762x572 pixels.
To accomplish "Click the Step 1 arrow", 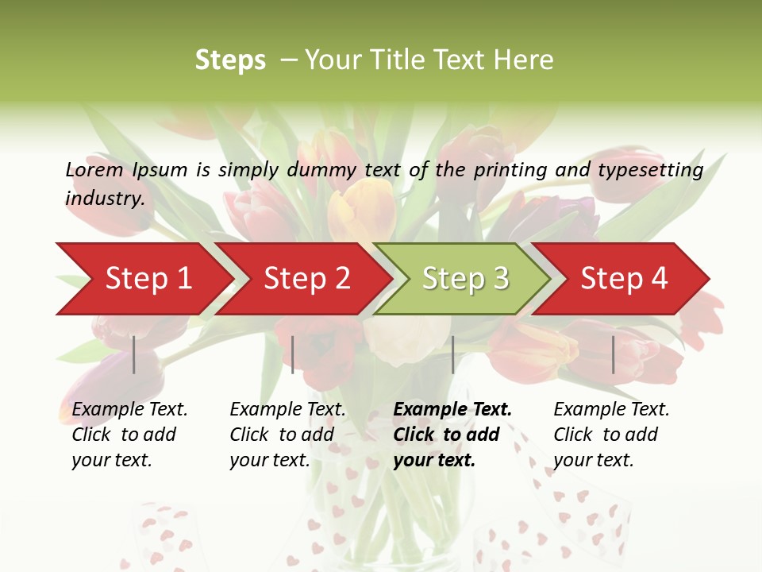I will coord(148,279).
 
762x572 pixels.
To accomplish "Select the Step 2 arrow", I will coord(306,279).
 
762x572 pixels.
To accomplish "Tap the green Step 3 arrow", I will coord(465,279).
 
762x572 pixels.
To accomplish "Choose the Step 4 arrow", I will coord(624,279).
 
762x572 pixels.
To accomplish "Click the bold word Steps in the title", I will coord(230,60).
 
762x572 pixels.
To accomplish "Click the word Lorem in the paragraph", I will coord(94,170).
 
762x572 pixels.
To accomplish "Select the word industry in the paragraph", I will coord(105,199).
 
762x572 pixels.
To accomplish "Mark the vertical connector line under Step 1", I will coord(134,354).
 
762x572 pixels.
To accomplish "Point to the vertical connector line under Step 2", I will coord(293,354).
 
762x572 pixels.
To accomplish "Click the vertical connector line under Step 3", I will coord(452,354).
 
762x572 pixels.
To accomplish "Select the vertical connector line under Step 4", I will coord(613,354).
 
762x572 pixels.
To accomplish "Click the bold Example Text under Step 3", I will coord(452,410).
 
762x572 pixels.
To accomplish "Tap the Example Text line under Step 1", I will coord(129,410).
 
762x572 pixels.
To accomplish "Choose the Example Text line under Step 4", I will coord(611,410).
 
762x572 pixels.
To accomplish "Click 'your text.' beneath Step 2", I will coord(269,460).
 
